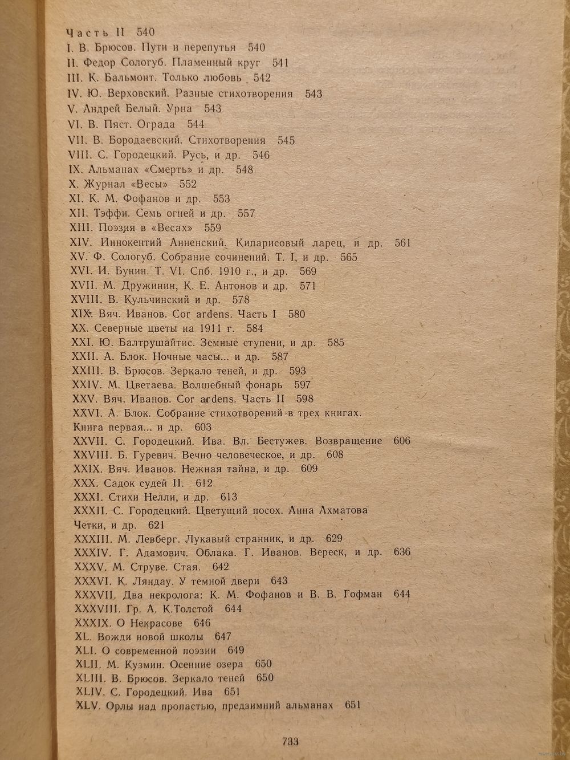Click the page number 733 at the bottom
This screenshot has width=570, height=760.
click(x=290, y=741)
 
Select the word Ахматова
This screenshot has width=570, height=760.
click(x=342, y=510)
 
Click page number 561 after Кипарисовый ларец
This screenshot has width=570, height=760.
click(x=402, y=243)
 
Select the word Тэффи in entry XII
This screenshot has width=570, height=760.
click(x=104, y=213)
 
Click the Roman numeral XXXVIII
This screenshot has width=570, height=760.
click(x=97, y=608)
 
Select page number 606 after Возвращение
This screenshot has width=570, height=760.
click(x=402, y=441)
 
